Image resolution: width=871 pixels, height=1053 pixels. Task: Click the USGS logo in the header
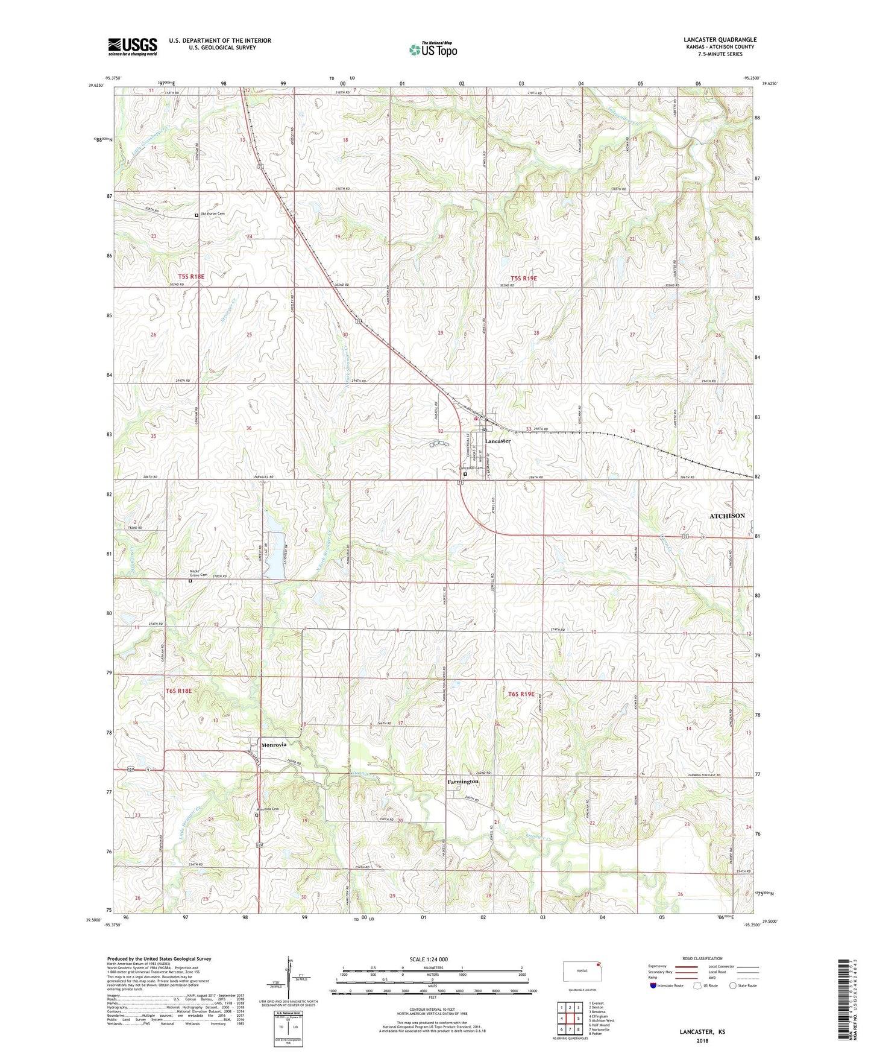pyautogui.click(x=133, y=46)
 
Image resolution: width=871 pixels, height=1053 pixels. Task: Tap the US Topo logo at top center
pyautogui.click(x=432, y=49)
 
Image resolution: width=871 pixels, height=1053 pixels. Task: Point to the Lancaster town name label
pyautogui.click(x=498, y=441)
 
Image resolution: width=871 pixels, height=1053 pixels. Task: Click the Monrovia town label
pyautogui.click(x=274, y=745)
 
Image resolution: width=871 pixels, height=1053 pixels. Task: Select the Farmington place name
pyautogui.click(x=463, y=782)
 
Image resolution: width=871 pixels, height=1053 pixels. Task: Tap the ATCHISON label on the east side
pyautogui.click(x=727, y=516)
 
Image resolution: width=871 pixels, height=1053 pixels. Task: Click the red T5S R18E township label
pyautogui.click(x=191, y=276)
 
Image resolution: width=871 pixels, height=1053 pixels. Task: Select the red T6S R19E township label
pyautogui.click(x=521, y=694)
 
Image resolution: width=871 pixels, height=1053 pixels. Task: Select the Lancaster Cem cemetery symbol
pyautogui.click(x=465, y=474)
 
